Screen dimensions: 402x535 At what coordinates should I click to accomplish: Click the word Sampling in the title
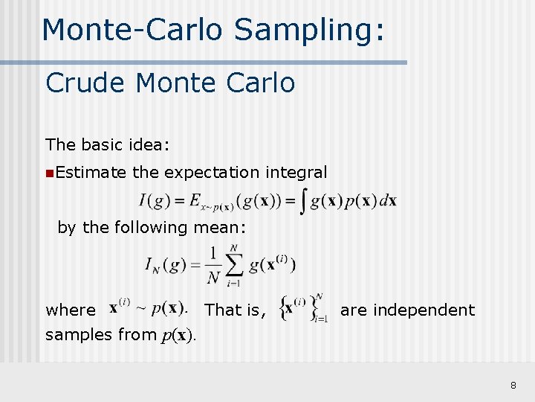click(x=309, y=30)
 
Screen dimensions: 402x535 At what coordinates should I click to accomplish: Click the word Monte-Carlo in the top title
click(x=132, y=30)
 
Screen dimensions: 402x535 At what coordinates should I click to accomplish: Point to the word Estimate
click(x=91, y=173)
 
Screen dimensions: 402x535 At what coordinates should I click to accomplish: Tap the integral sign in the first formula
click(x=302, y=201)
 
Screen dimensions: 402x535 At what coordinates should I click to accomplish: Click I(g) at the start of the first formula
click(x=152, y=201)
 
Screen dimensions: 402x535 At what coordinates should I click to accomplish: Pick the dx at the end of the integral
click(x=389, y=202)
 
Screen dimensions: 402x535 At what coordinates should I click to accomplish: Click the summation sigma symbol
click(x=234, y=264)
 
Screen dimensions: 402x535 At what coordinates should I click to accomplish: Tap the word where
click(x=71, y=310)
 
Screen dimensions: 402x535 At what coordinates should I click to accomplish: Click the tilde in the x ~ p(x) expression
click(x=140, y=308)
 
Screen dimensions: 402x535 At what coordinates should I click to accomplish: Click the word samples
click(x=79, y=335)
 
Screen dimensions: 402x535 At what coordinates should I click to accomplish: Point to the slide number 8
click(x=513, y=385)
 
